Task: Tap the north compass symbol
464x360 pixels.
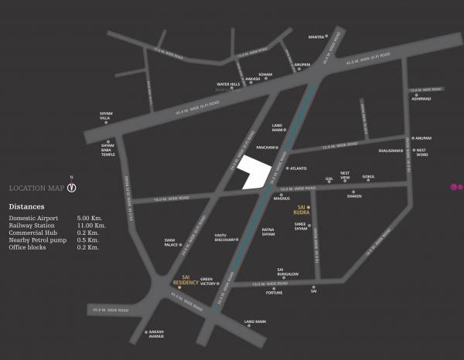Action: coord(71,187)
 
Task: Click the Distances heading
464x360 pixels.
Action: coord(26,207)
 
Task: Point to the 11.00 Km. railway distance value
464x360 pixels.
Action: coord(90,226)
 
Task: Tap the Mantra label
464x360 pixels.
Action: coord(316,36)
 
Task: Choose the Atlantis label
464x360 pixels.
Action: coord(299,168)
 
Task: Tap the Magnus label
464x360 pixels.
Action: coord(281,199)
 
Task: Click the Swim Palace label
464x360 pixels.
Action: coord(172,243)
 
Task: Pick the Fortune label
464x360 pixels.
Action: coord(275,293)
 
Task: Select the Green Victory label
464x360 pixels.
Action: coord(206,282)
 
